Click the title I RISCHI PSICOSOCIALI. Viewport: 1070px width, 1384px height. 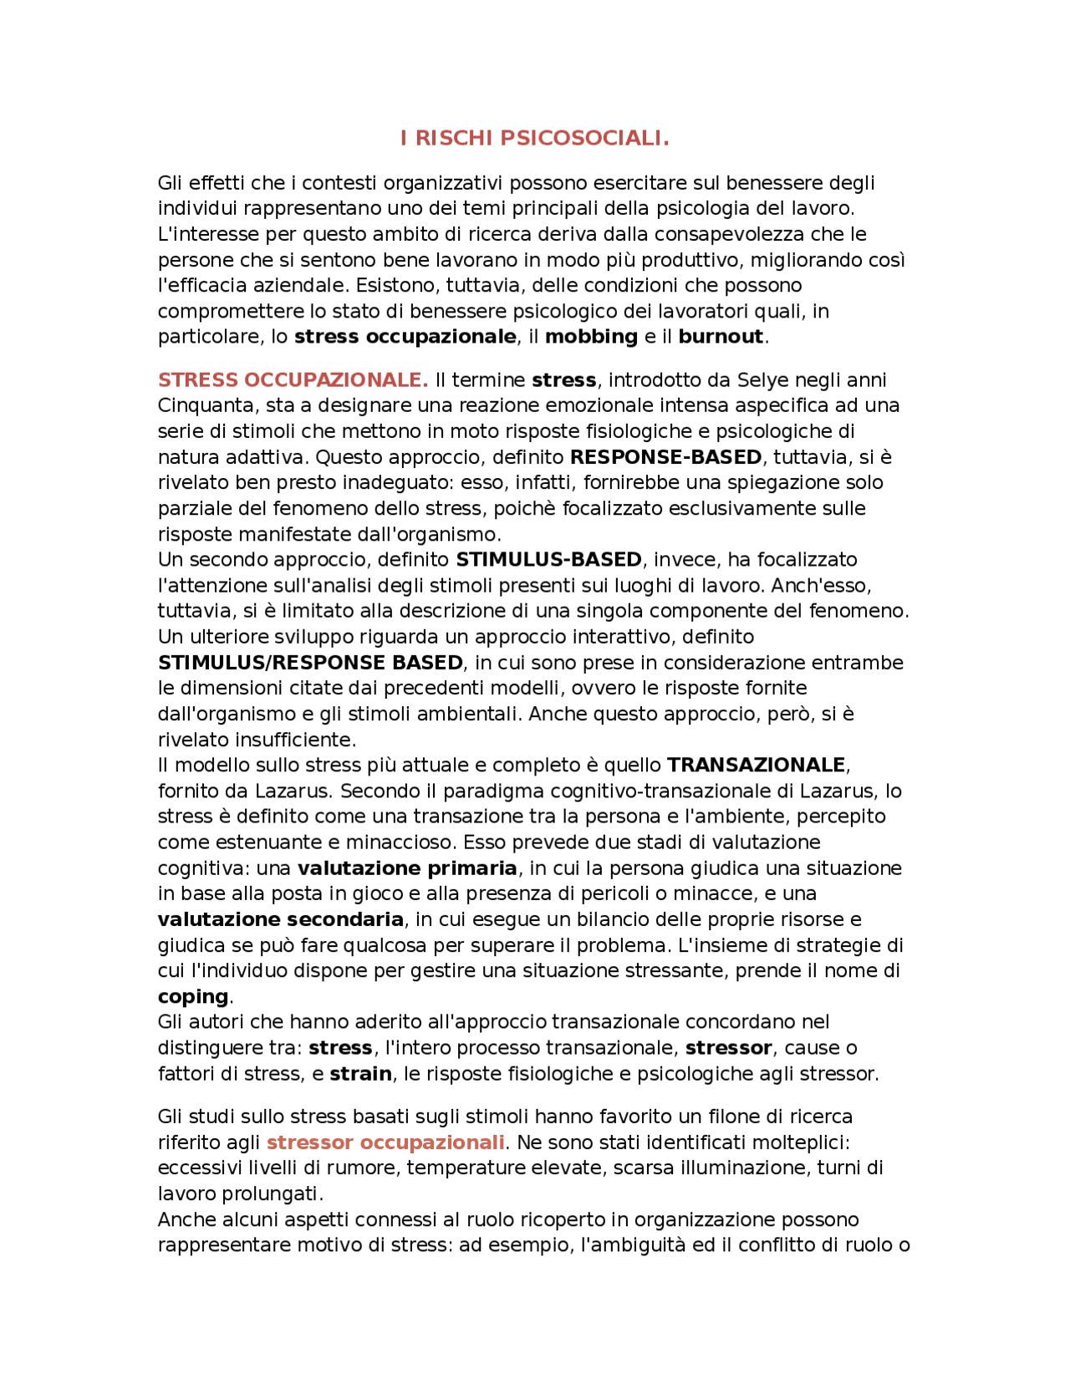(534, 138)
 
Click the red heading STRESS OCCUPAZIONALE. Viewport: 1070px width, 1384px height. (293, 380)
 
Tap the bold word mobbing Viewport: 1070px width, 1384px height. (591, 337)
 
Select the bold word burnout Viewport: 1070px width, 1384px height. (721, 337)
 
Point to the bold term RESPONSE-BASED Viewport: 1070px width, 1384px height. (665, 457)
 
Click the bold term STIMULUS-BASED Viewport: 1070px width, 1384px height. (548, 560)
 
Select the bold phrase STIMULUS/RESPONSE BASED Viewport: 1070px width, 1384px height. (310, 663)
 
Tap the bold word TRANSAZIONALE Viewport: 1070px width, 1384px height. (757, 766)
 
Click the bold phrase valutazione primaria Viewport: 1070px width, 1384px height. (407, 868)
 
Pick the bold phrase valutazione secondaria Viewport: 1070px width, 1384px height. (281, 920)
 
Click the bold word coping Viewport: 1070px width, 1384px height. (193, 997)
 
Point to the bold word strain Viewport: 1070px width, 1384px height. (360, 1074)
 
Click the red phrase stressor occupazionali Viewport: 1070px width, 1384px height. (385, 1142)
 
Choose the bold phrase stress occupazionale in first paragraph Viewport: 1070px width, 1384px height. (405, 337)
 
